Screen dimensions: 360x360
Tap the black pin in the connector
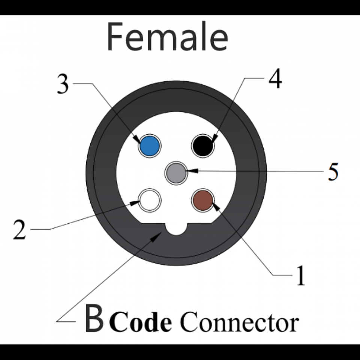[x=202, y=145]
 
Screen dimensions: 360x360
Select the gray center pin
[x=176, y=173]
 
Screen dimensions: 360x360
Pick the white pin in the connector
[x=150, y=200]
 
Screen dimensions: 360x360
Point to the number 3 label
[x=63, y=84]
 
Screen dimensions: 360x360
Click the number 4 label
[x=274, y=79]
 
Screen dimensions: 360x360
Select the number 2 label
[x=19, y=229]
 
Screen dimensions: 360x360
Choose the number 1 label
[x=300, y=277]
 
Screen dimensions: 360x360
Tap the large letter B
[x=94, y=319]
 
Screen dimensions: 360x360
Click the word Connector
[x=239, y=322]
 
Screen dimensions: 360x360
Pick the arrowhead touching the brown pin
[x=216, y=205]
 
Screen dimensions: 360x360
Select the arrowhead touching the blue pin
[x=136, y=139]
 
